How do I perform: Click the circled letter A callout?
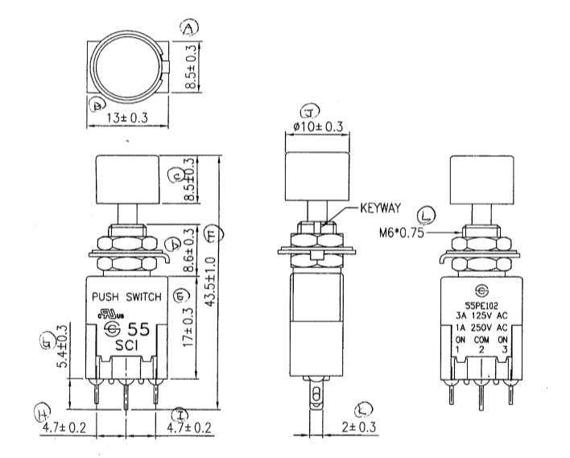click(189, 30)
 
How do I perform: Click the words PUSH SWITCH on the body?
click(128, 296)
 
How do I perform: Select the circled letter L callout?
click(427, 216)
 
